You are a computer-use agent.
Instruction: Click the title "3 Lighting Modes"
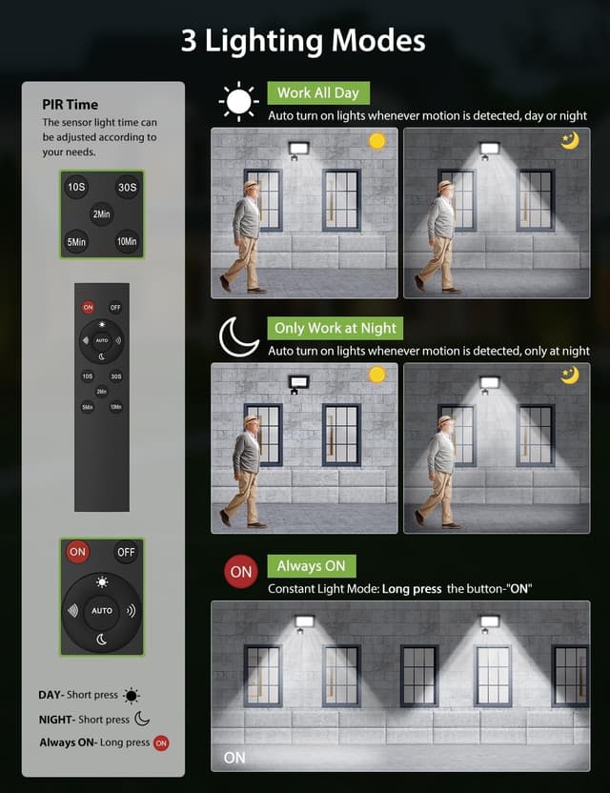[304, 40]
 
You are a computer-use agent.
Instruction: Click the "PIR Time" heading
[70, 105]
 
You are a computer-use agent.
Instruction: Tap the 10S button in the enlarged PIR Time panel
[76, 188]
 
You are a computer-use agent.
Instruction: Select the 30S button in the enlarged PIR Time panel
[127, 188]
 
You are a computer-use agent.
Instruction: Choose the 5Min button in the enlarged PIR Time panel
[76, 242]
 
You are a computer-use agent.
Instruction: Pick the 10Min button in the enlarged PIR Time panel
[127, 242]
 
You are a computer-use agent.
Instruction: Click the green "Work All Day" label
[318, 93]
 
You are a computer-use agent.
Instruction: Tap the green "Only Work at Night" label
[335, 328]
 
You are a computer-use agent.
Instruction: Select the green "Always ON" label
[311, 566]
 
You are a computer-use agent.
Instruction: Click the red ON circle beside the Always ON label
[241, 572]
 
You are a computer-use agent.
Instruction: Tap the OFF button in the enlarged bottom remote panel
[126, 552]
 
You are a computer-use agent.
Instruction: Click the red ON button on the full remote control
[88, 308]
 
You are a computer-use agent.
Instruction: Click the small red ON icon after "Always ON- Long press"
[161, 742]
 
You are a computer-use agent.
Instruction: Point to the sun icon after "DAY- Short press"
[132, 696]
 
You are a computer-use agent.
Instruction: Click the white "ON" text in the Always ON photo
[234, 758]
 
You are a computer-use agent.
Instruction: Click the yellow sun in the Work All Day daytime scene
[377, 141]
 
